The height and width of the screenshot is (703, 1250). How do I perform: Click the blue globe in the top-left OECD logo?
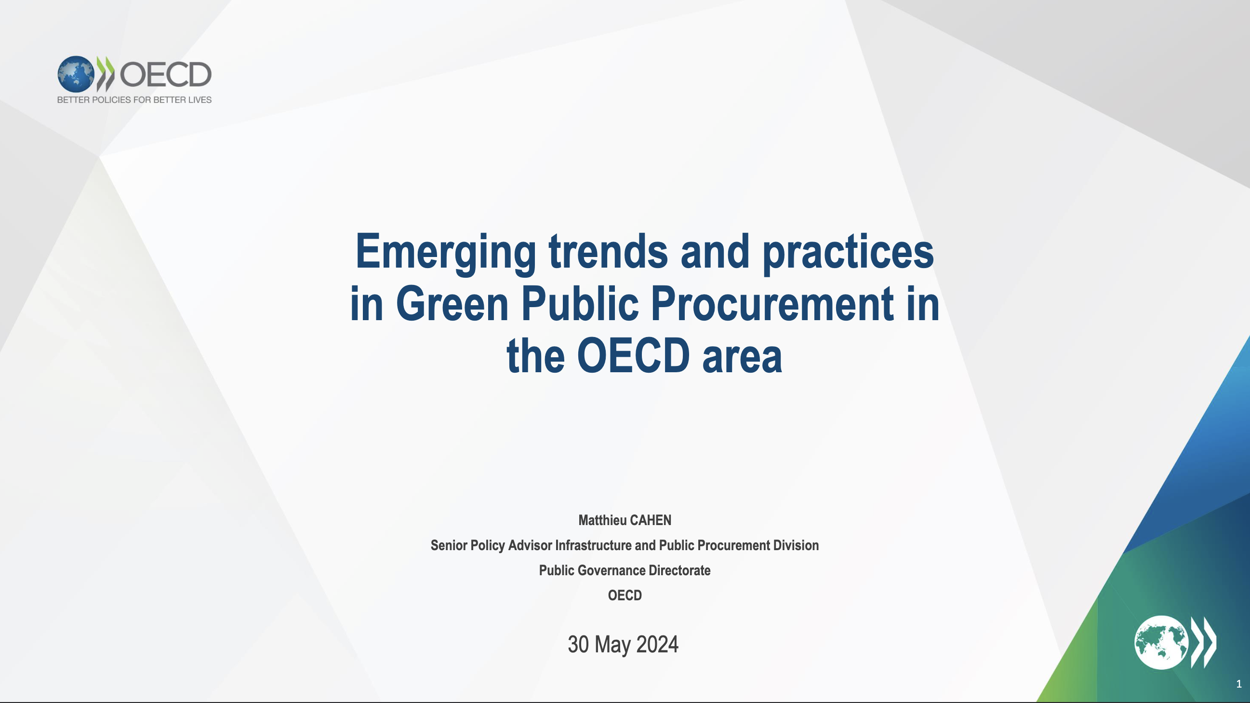(x=76, y=74)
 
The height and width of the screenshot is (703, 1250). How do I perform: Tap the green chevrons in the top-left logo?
(x=106, y=74)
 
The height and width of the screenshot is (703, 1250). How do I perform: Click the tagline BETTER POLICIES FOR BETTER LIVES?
(x=134, y=100)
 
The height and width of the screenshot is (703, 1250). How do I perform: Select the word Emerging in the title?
(x=445, y=254)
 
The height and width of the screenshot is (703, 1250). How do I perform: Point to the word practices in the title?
(x=848, y=254)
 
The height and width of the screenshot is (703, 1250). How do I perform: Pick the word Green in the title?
(x=452, y=304)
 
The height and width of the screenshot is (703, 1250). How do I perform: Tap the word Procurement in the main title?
(x=772, y=304)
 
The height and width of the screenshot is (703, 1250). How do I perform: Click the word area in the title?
(x=742, y=357)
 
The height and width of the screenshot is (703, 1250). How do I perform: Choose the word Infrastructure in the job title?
(x=594, y=545)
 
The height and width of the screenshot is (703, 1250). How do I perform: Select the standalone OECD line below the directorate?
(x=625, y=595)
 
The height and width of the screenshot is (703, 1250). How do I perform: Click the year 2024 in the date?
(x=657, y=645)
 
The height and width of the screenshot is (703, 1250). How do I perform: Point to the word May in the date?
(x=612, y=646)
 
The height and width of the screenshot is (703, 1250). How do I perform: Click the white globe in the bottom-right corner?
(x=1161, y=642)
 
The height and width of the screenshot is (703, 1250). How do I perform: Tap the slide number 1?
(x=1239, y=684)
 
